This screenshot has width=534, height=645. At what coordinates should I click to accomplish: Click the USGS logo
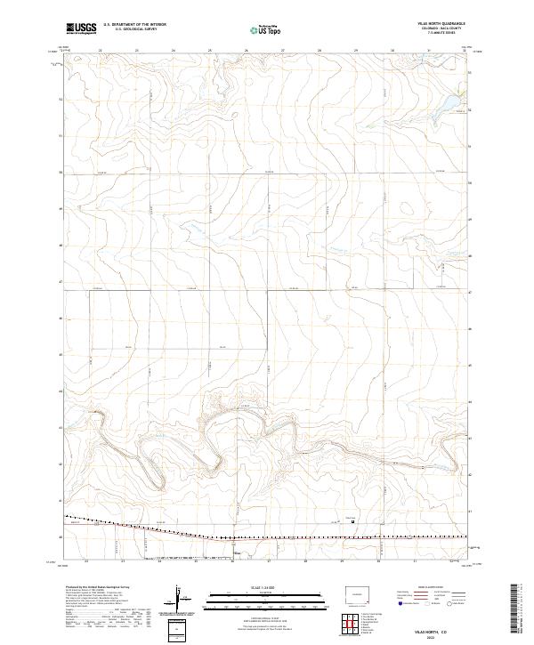click(x=81, y=28)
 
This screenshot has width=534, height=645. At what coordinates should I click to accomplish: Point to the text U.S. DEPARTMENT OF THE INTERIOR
click(x=134, y=25)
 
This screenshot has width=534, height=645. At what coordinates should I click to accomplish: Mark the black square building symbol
click(x=353, y=521)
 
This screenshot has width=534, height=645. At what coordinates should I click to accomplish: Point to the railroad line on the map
click(x=267, y=536)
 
